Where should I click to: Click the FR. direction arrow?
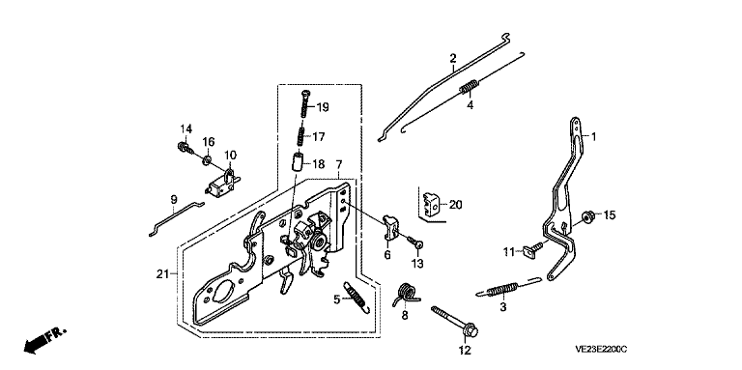click(45, 340)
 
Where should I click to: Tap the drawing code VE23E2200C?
click(601, 350)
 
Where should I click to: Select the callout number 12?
click(464, 351)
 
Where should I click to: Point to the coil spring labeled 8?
click(406, 295)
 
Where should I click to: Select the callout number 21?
click(162, 273)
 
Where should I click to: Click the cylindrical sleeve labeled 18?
click(296, 163)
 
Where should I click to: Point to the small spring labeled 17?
click(300, 136)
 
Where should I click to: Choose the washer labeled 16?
click(206, 160)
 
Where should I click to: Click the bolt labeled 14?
click(185, 147)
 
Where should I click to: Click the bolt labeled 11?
click(533, 249)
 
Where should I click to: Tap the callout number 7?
click(339, 165)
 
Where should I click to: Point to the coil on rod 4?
click(470, 87)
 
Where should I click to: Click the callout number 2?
click(453, 58)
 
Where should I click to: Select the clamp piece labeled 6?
click(389, 226)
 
